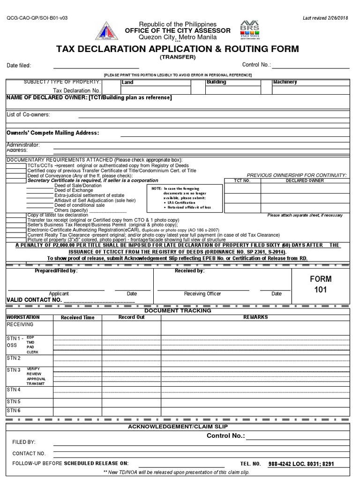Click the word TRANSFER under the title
[177, 57]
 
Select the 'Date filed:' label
[19, 66]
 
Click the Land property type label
[127, 82]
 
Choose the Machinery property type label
[285, 82]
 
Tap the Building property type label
[216, 82]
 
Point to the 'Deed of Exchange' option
[74, 191]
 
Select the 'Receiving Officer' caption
[202, 294]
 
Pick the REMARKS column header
[255, 317]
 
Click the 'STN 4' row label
[14, 390]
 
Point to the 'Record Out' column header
[131, 317]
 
